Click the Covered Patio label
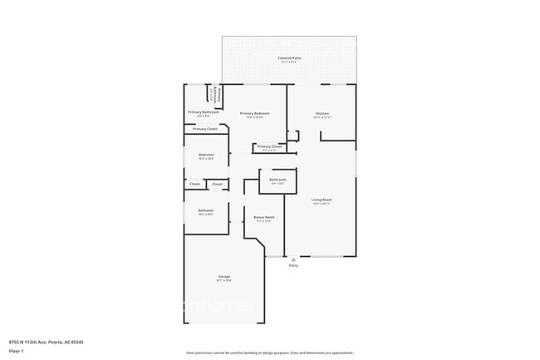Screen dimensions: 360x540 289,58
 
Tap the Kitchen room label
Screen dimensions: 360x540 322,113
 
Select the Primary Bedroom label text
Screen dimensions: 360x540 254,113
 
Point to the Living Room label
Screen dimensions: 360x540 322,200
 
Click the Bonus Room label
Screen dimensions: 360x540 264,217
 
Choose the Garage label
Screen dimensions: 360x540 224,276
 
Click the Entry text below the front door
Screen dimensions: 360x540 293,266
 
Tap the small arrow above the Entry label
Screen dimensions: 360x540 293,259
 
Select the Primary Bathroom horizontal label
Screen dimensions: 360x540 204,111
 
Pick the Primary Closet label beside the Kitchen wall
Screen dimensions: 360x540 269,146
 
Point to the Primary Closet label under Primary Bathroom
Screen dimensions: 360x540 205,129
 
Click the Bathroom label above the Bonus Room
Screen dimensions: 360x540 277,180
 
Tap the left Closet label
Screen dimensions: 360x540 194,184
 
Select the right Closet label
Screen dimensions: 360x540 217,184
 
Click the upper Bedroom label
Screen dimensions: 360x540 206,155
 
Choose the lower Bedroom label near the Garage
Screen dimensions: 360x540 206,210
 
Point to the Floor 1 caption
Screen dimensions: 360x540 17,350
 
